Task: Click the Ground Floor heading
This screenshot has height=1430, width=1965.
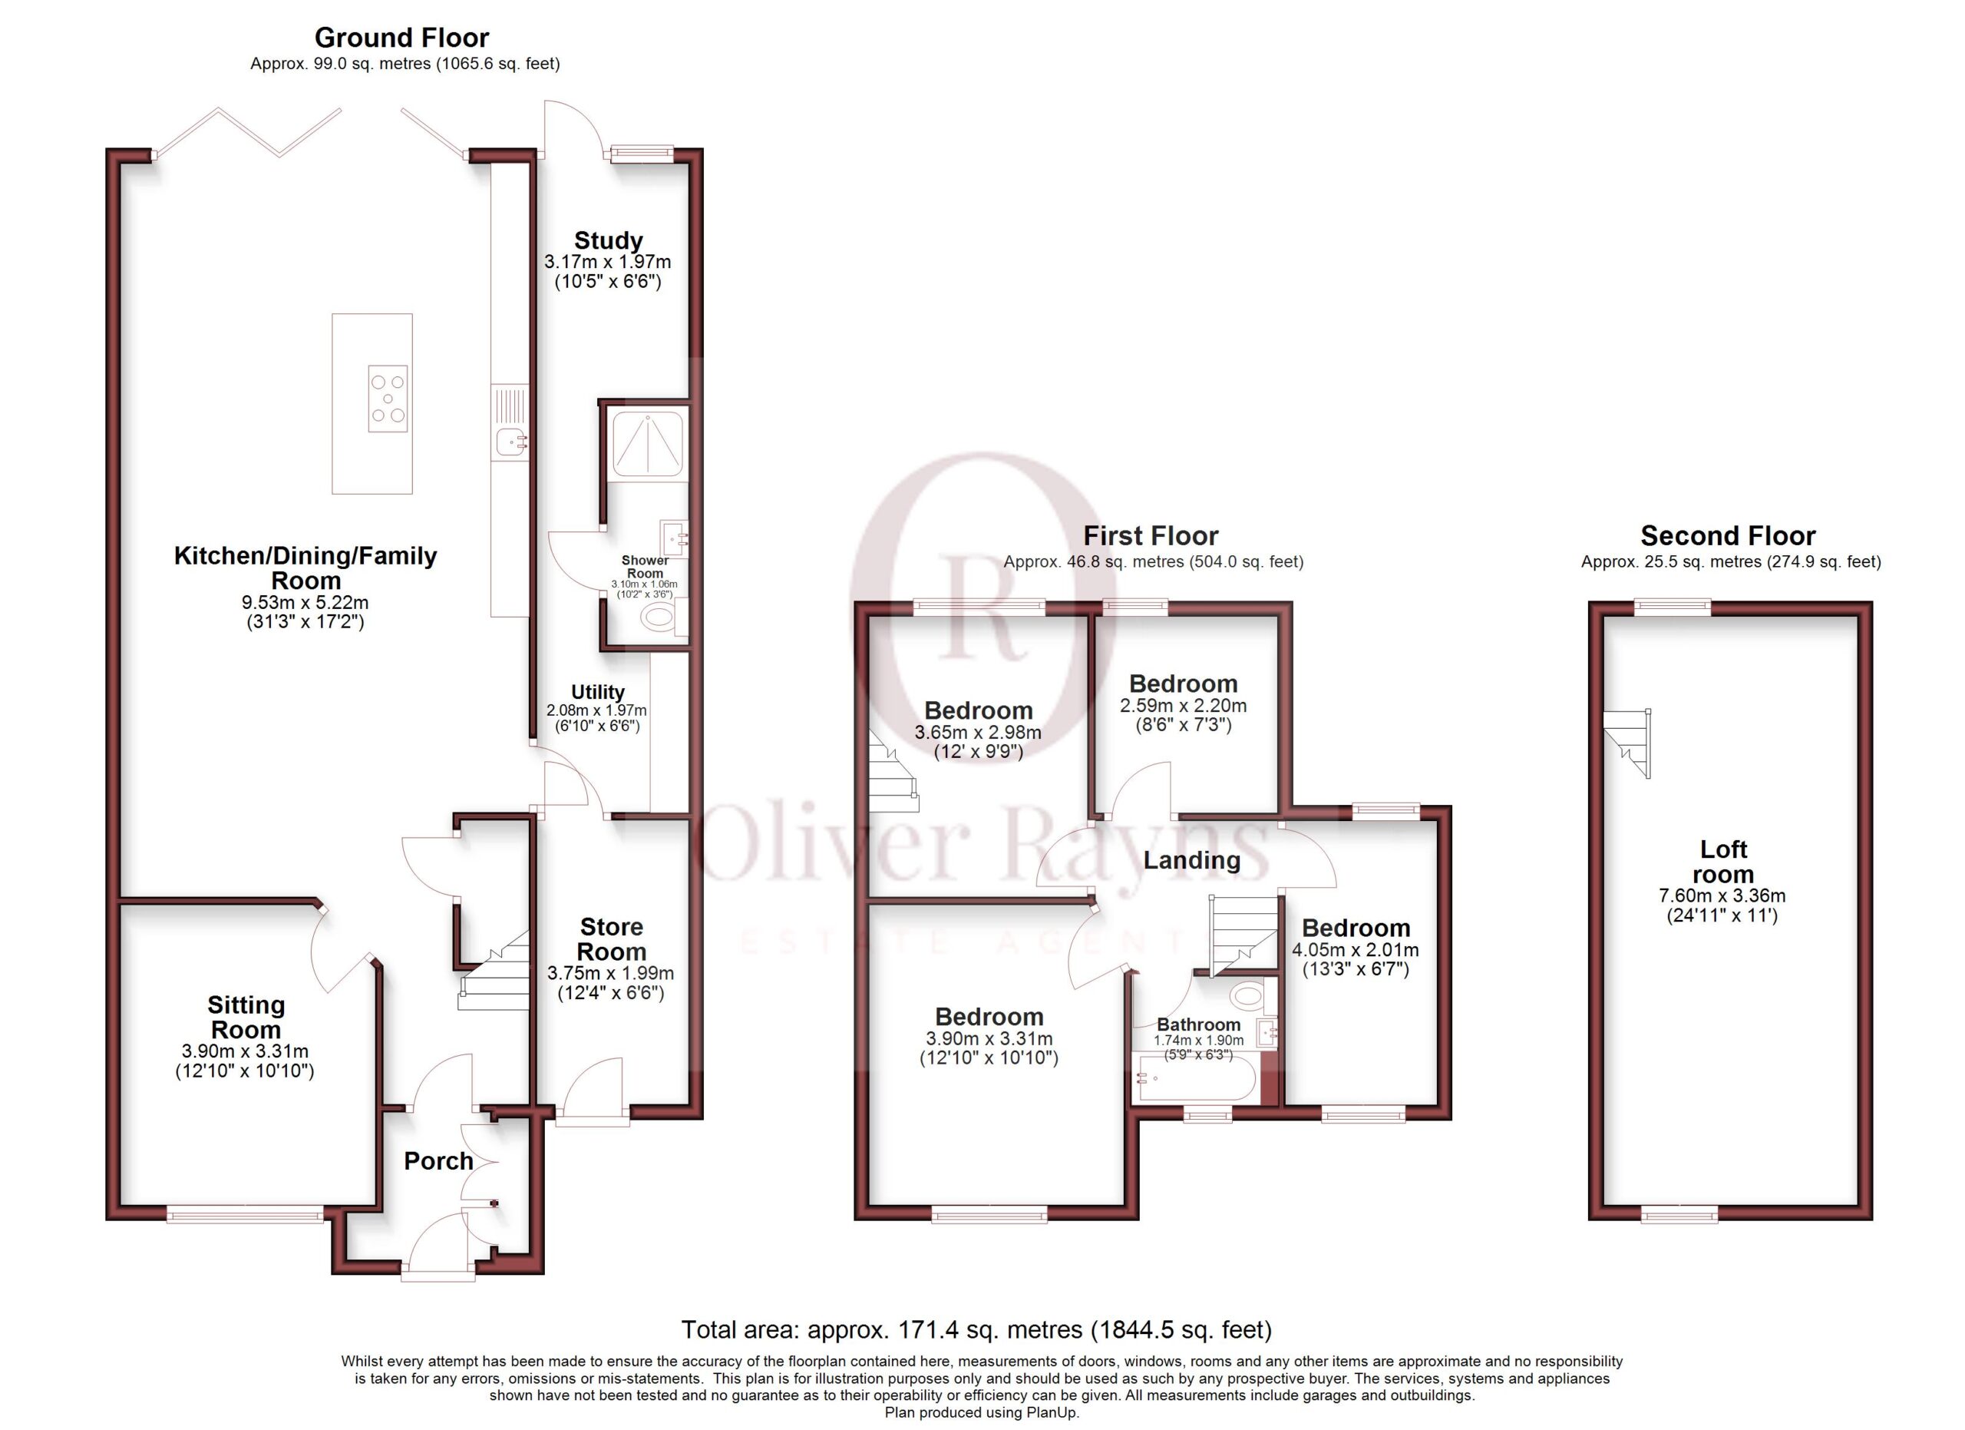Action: pos(401,38)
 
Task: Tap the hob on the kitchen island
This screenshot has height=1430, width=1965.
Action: pos(388,398)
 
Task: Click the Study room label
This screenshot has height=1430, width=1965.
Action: pos(608,240)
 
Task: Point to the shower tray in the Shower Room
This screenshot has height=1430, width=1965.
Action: pos(647,445)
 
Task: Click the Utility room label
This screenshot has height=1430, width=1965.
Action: pos(597,692)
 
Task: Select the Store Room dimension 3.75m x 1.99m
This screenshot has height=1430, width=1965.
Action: pos(611,973)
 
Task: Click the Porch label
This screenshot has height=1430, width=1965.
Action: pos(438,1161)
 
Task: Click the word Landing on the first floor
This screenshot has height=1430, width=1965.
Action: pos(1191,861)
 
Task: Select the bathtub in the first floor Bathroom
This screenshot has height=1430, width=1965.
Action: pos(1193,1079)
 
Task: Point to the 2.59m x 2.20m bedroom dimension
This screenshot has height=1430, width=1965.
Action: pos(1183,706)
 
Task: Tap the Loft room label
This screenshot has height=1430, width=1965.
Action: pos(1723,862)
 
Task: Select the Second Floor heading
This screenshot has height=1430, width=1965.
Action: pos(1728,535)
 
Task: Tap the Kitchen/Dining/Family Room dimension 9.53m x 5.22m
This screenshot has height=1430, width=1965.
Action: pos(305,602)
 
